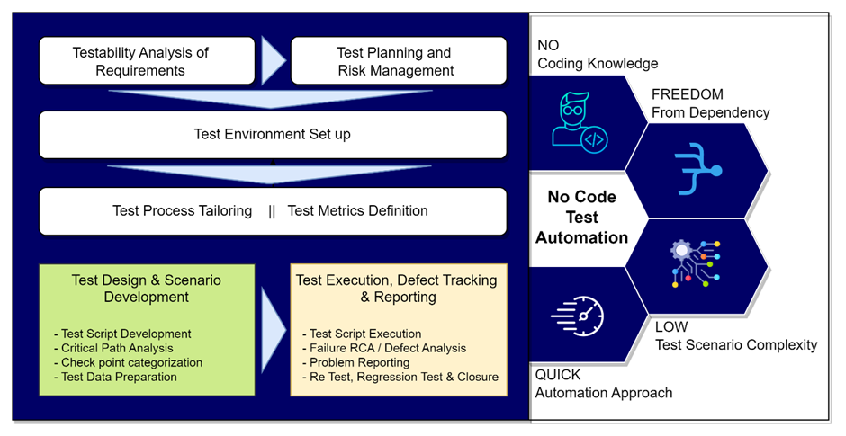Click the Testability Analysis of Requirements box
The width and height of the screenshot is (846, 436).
click(x=140, y=61)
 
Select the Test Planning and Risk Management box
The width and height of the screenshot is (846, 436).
click(x=395, y=61)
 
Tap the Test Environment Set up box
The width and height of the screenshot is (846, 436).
click(x=272, y=135)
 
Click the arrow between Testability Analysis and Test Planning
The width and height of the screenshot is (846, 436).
click(x=272, y=61)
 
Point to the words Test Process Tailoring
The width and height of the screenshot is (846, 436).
click(x=182, y=211)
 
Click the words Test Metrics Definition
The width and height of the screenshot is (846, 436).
click(x=357, y=211)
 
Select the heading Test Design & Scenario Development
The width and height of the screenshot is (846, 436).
click(x=146, y=289)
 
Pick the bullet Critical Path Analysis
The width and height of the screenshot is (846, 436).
click(x=113, y=348)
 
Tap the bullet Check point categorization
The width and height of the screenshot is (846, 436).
click(x=128, y=362)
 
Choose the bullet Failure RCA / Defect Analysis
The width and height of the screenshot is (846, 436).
click(x=384, y=348)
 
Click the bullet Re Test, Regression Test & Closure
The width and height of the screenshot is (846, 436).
click(x=400, y=377)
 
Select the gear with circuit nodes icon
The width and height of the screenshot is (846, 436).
click(x=697, y=262)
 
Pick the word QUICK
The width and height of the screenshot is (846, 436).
click(x=558, y=375)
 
